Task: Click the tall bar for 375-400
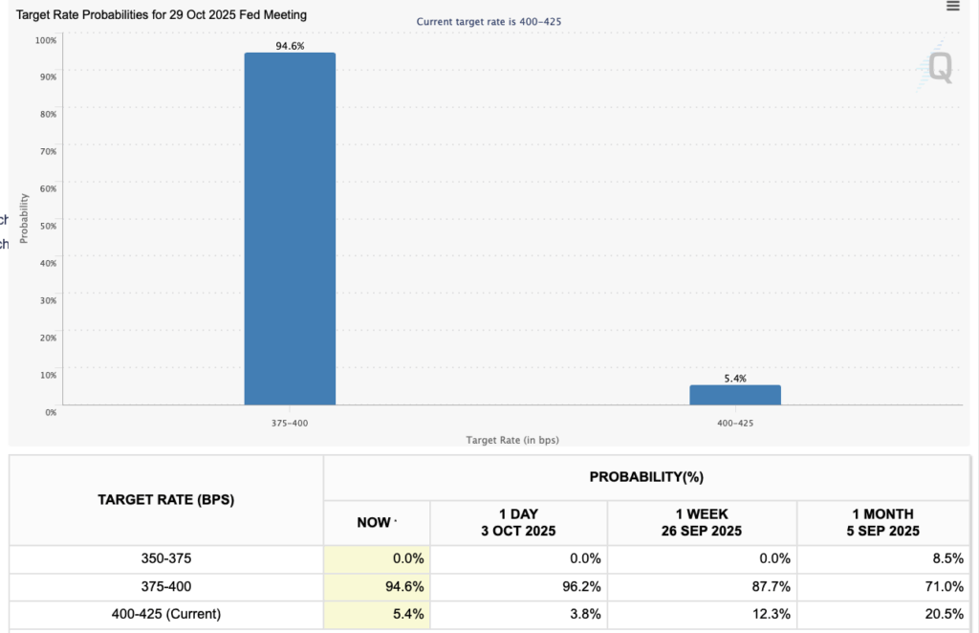(290, 229)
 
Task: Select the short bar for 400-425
(735, 394)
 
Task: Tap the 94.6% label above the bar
(290, 45)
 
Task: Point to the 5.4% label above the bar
(735, 379)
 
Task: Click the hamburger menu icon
(952, 7)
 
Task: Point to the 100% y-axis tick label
(45, 40)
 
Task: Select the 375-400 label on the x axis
(290, 422)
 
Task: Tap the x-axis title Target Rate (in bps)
(511, 440)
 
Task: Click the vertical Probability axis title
(25, 218)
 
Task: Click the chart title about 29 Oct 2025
(163, 15)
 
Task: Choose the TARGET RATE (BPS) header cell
(166, 499)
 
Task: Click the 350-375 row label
(166, 558)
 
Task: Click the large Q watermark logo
(940, 67)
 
